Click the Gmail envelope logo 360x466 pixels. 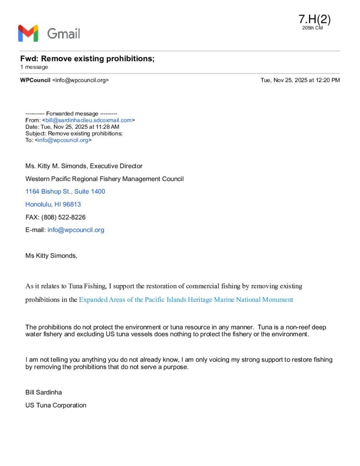click(x=28, y=33)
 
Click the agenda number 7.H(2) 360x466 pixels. click(x=314, y=19)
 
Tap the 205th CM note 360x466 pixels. click(x=312, y=28)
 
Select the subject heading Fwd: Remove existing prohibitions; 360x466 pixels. click(x=87, y=59)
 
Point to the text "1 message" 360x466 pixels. click(x=34, y=67)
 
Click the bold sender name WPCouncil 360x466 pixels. click(x=35, y=80)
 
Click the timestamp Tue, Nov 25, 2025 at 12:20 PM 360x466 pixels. click(x=300, y=80)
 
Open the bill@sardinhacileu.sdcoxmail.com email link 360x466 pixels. click(x=88, y=120)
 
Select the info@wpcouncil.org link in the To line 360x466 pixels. click(x=63, y=140)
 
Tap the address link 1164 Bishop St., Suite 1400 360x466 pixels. click(x=65, y=192)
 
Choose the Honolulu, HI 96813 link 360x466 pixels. click(x=53, y=204)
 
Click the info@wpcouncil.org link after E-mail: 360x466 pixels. click(x=76, y=230)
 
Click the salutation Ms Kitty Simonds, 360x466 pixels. click(x=51, y=256)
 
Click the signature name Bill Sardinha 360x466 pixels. click(x=43, y=392)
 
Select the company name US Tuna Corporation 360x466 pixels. click(x=56, y=405)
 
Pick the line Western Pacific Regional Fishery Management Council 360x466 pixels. click(x=104, y=179)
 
